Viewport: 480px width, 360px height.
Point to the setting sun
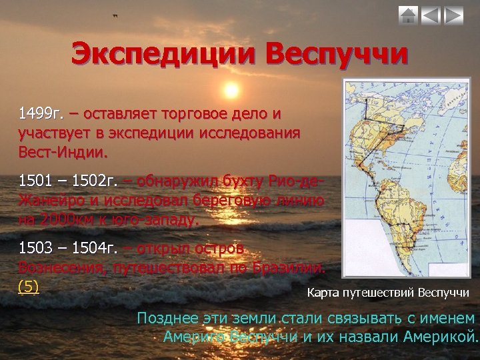pos(231,89)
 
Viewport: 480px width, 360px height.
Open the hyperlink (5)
pos(29,287)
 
